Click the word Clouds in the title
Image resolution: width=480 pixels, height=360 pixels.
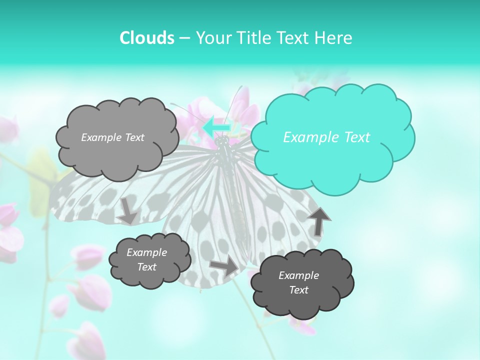click(x=146, y=38)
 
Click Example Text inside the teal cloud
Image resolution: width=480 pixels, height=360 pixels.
click(x=326, y=137)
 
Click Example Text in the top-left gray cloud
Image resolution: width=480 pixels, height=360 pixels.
click(x=112, y=137)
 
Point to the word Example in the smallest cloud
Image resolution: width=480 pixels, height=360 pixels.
click(x=146, y=252)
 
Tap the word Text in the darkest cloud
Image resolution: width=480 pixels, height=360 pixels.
click(x=298, y=290)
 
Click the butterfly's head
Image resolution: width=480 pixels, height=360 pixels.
click(x=222, y=142)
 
